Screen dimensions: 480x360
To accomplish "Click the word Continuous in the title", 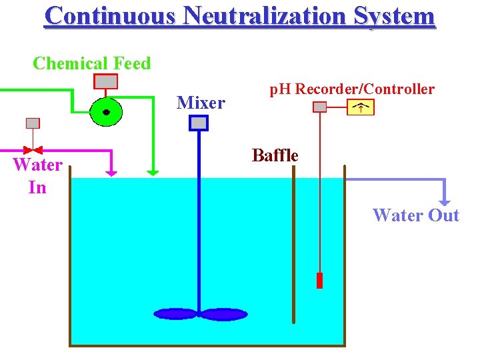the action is [x=110, y=15].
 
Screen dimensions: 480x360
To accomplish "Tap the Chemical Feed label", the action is [x=92, y=64].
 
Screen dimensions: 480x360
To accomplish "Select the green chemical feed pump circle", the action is [x=106, y=112].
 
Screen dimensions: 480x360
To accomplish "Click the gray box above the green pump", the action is [x=106, y=81].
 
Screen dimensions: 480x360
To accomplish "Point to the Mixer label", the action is [x=201, y=103].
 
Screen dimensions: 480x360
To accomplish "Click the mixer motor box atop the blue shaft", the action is [x=199, y=123].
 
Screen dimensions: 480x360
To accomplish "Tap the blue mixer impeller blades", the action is [x=200, y=313].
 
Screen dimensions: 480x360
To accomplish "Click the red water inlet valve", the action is [x=33, y=150].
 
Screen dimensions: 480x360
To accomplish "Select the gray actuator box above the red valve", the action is [x=33, y=123].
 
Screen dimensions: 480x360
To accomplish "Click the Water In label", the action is [x=37, y=176].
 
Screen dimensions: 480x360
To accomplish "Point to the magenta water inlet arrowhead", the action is [x=111, y=172].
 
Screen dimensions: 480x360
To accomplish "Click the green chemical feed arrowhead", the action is [x=153, y=172].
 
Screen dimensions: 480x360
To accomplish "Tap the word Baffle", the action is [x=275, y=156].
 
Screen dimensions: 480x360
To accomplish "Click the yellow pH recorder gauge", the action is [x=361, y=107].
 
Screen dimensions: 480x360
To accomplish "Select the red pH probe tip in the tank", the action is [x=319, y=281].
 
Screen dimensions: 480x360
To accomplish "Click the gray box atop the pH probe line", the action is [x=320, y=107].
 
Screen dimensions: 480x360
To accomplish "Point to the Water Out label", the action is [x=416, y=215].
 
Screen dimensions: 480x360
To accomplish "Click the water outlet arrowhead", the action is [x=445, y=201].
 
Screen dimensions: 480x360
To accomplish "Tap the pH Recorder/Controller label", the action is [x=351, y=89].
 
